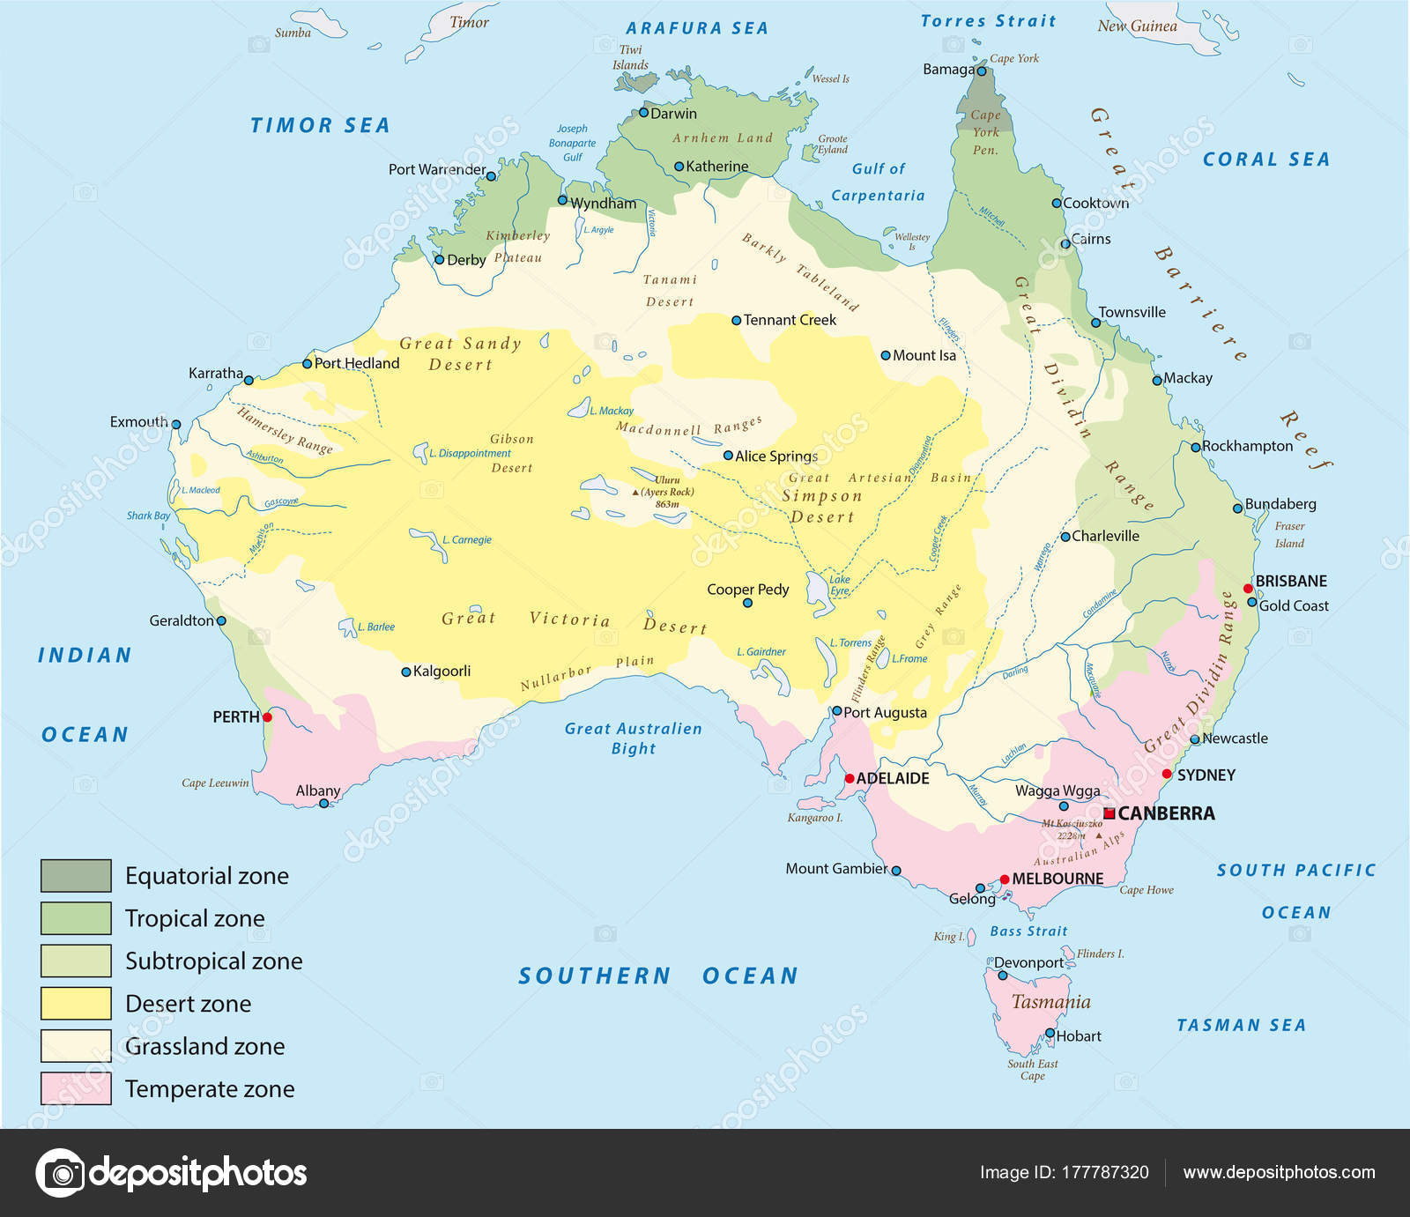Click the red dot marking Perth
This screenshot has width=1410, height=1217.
point(267,717)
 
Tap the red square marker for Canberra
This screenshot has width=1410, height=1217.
point(1109,813)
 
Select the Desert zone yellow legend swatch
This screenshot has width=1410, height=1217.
point(76,1003)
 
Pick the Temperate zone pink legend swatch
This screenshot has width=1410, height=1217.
point(76,1088)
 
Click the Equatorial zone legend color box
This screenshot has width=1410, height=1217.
point(76,875)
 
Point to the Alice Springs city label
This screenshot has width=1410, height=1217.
point(776,456)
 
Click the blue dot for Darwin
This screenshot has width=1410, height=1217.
point(643,113)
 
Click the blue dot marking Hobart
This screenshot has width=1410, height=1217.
point(1050,1035)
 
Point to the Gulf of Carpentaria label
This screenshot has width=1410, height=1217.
point(878,182)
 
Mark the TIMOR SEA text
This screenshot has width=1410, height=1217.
point(320,126)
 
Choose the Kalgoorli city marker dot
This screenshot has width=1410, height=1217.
point(406,672)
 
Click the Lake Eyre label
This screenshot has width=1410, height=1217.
point(840,585)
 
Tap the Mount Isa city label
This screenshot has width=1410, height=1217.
point(924,356)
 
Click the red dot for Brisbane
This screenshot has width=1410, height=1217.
point(1248,588)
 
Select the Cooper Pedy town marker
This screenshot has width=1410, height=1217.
point(747,604)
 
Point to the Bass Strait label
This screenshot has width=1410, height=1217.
point(1028,931)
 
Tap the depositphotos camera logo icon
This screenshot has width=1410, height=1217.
point(61,1173)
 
